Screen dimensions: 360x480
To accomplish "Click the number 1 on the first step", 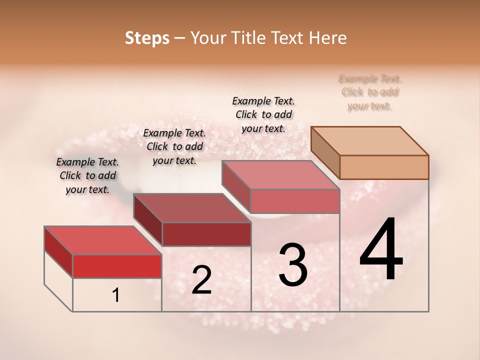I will click(116, 295).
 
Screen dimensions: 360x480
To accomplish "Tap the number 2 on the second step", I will click(201, 280).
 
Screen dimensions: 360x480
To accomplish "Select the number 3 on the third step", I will click(293, 265).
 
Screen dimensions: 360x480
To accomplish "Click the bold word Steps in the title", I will click(147, 38).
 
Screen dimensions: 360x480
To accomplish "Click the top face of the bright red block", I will click(103, 240).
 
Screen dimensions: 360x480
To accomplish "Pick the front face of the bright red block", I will click(117, 266).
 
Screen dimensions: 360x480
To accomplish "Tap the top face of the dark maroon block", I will click(192, 208).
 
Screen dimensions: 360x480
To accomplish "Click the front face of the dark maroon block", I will click(206, 234).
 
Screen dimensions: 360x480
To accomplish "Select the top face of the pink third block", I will click(280, 175).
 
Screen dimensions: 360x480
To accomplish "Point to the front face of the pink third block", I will click(295, 201).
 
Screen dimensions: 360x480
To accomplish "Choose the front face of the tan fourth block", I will click(384, 167).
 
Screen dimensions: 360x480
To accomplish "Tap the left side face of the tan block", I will click(325, 152).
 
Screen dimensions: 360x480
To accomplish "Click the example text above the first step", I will click(87, 176).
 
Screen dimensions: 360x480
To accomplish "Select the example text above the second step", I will click(174, 146).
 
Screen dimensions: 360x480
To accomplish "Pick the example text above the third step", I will click(263, 114).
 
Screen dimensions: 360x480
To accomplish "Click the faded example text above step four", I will click(370, 92).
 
